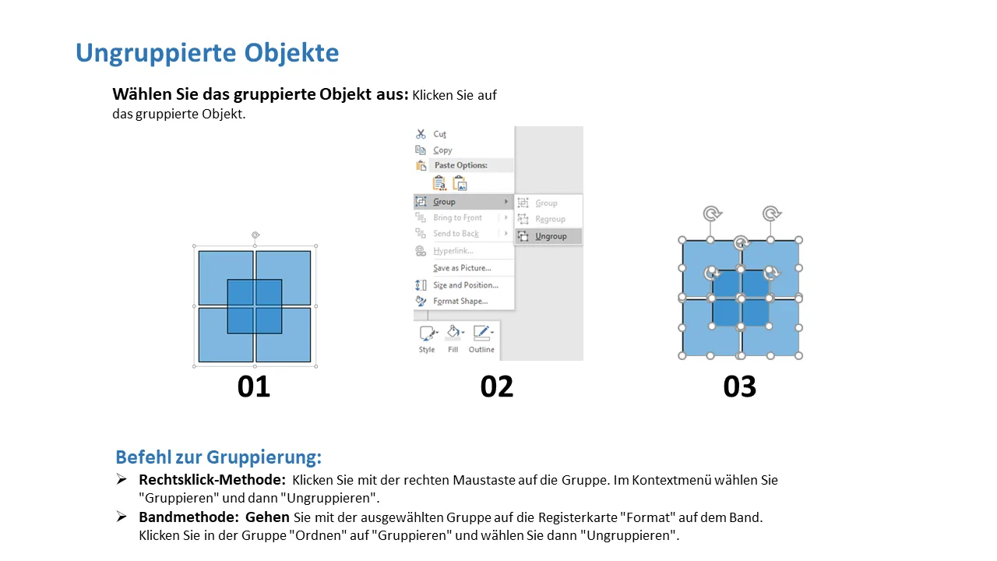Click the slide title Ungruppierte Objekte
tap(207, 53)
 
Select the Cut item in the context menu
tap(440, 134)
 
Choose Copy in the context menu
tap(442, 150)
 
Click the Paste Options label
tap(460, 165)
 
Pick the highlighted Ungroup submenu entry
tap(551, 236)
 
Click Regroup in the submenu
tap(550, 219)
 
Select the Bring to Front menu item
tap(457, 217)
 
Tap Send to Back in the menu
tap(456, 234)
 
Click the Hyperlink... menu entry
tap(453, 251)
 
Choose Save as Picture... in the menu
tap(462, 268)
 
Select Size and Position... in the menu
tap(466, 285)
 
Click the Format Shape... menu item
tap(460, 302)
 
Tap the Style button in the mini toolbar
tap(426, 339)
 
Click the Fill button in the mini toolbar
tap(453, 339)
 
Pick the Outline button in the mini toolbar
tap(481, 339)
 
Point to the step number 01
tap(254, 386)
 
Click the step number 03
tap(740, 386)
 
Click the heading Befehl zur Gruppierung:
tap(219, 457)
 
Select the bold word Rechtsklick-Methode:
tap(213, 480)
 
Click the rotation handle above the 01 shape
tap(255, 235)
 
